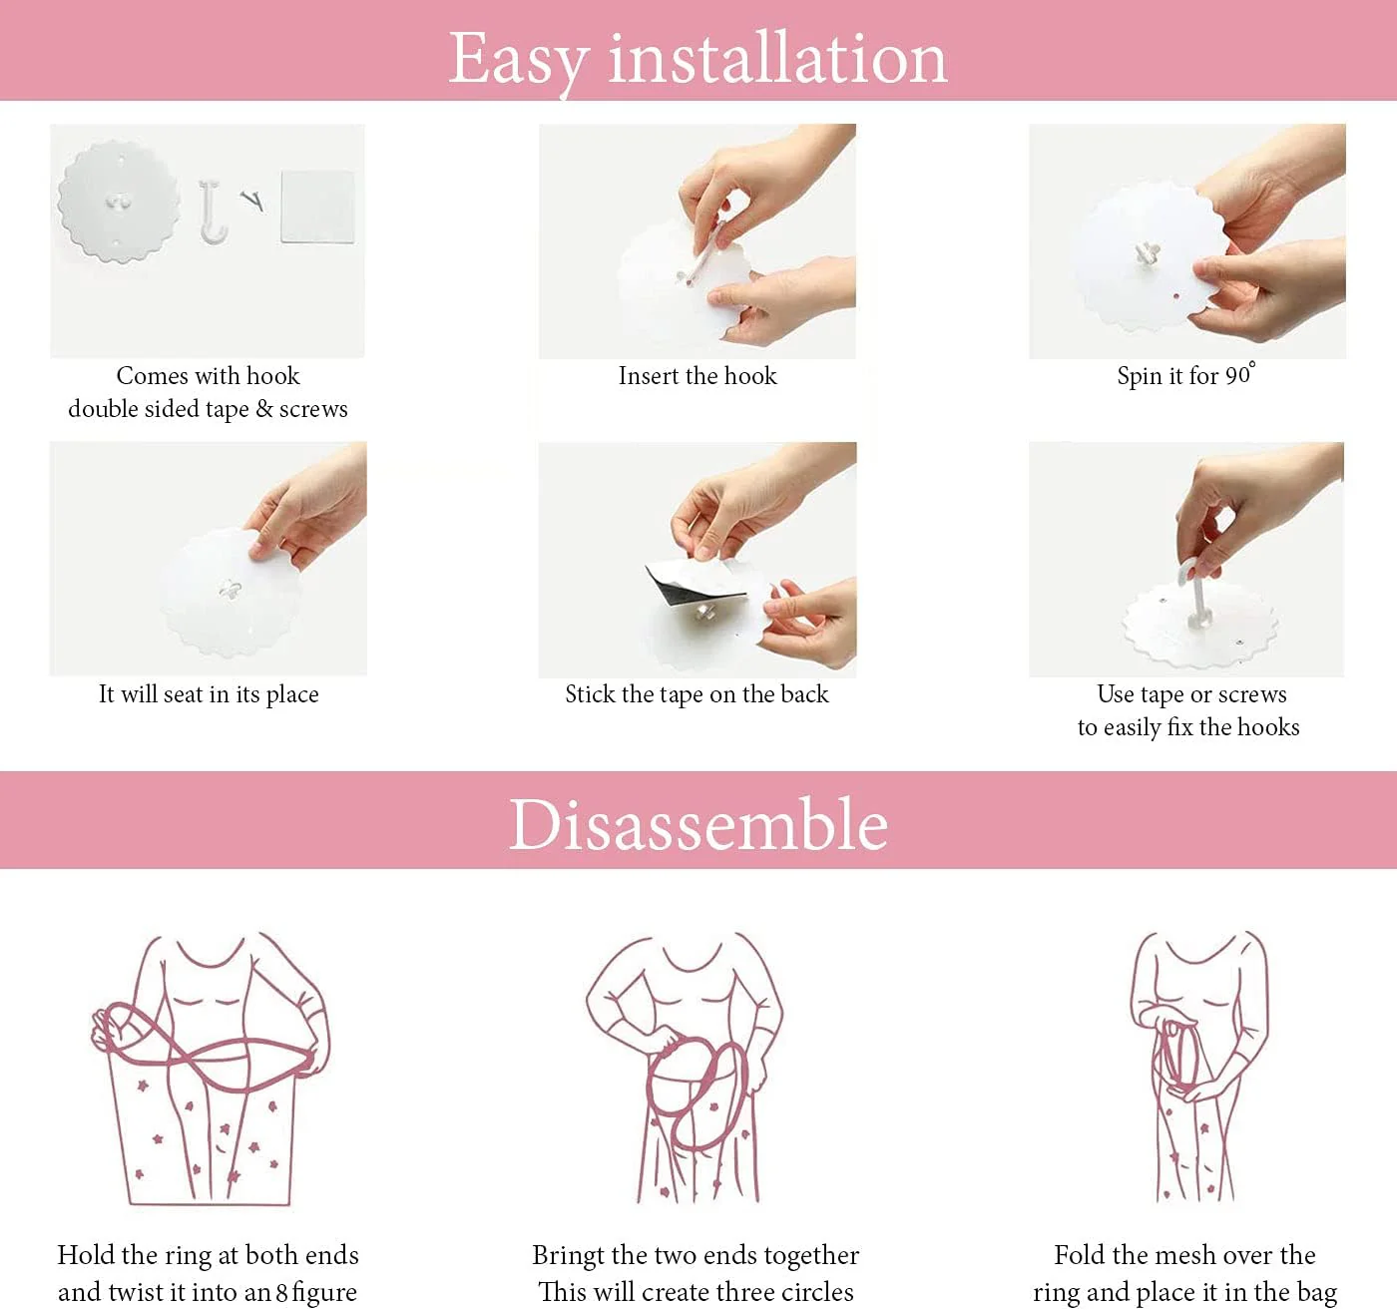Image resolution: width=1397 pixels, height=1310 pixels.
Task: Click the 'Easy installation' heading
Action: click(x=698, y=60)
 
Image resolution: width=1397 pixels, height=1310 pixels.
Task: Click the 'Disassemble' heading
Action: click(x=698, y=824)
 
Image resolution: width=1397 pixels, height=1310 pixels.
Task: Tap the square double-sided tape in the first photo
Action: click(x=317, y=207)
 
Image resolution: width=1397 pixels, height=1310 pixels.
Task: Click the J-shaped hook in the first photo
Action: click(x=213, y=213)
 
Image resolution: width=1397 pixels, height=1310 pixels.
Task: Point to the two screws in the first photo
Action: click(x=251, y=200)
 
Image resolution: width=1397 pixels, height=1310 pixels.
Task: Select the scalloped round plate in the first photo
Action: click(x=118, y=202)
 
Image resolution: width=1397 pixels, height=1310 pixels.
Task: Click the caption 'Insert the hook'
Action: click(x=698, y=376)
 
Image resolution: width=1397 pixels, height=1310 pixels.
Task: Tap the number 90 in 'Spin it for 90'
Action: click(x=1237, y=376)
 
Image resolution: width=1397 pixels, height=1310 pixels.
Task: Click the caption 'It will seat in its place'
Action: click(x=209, y=694)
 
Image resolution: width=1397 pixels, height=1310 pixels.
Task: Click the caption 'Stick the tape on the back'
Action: click(x=698, y=694)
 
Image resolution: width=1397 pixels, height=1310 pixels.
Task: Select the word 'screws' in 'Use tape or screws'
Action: click(x=1252, y=695)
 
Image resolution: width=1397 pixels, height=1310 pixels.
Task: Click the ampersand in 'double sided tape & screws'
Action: click(x=264, y=409)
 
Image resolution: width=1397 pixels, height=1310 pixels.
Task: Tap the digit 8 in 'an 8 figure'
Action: click(x=281, y=1292)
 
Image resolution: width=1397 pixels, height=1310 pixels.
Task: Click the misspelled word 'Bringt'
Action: click(x=568, y=1256)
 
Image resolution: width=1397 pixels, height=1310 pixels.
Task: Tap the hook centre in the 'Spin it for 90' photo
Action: click(x=1148, y=254)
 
